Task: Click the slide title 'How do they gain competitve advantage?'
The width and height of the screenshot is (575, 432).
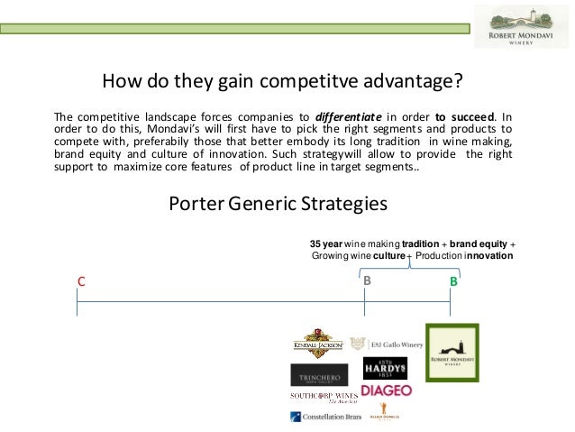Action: pyautogui.click(x=282, y=84)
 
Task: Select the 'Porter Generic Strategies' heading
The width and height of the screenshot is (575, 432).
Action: pyautogui.click(x=278, y=204)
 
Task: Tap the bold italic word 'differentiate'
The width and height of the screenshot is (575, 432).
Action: pyautogui.click(x=345, y=116)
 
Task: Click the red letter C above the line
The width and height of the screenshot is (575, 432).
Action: pyautogui.click(x=80, y=281)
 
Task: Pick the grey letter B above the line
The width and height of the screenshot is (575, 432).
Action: pyautogui.click(x=367, y=281)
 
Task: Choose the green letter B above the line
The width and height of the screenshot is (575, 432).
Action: pyautogui.click(x=453, y=281)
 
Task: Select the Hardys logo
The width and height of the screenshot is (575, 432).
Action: pyautogui.click(x=385, y=368)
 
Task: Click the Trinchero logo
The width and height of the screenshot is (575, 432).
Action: pyautogui.click(x=318, y=374)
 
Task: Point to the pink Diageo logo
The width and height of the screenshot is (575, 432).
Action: pyautogui.click(x=386, y=391)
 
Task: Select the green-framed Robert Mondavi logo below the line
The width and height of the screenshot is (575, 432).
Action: pyautogui.click(x=452, y=353)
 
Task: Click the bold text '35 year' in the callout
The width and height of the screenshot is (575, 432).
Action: pyautogui.click(x=325, y=244)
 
